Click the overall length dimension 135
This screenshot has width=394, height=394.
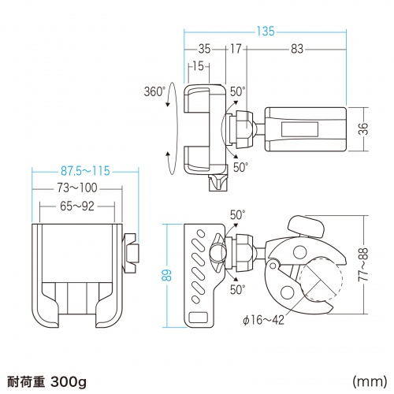[265, 32]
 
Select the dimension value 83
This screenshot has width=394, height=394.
[297, 49]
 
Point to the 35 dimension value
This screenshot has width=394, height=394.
[205, 49]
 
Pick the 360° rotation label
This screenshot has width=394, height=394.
[154, 91]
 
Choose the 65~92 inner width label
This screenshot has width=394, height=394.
[76, 207]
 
